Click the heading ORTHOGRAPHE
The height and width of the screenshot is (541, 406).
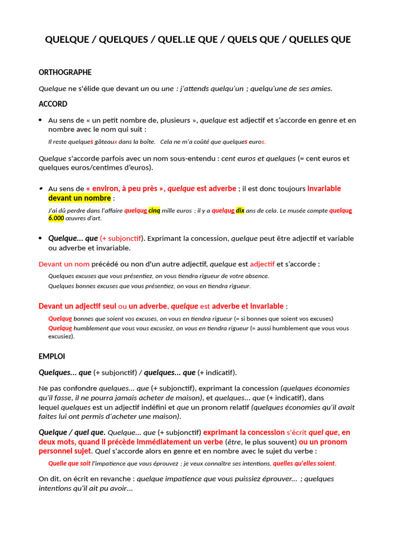(65, 72)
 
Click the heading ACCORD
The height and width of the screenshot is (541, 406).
(53, 104)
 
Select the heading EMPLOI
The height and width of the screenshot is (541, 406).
(52, 357)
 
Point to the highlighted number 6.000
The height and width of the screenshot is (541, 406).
(56, 218)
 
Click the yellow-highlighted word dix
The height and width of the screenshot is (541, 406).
(240, 210)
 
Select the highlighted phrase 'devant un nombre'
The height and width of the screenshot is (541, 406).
(80, 198)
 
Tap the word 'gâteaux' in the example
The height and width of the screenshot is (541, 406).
(106, 142)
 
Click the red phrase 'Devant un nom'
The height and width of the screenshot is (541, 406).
(64, 264)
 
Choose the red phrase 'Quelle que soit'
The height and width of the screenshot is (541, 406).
(69, 463)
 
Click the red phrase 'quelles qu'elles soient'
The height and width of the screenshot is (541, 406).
(304, 463)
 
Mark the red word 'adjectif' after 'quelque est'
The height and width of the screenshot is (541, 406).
(262, 264)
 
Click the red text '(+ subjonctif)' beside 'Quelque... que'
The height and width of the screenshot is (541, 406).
(122, 238)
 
